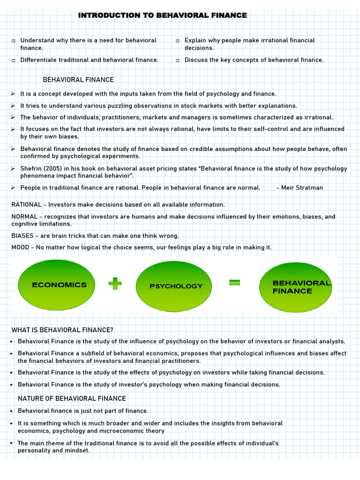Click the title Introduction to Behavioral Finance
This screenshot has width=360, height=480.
(162, 15)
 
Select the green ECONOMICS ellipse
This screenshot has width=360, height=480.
(56, 285)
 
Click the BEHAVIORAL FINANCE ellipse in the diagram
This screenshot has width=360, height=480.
(296, 287)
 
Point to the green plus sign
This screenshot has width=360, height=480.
(115, 284)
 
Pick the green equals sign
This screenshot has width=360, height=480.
(234, 282)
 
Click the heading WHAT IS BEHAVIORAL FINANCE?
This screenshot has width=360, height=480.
(62, 330)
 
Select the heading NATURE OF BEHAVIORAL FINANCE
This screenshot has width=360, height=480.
(72, 398)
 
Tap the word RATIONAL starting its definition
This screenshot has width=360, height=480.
(27, 205)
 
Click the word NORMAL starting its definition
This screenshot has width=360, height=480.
(25, 217)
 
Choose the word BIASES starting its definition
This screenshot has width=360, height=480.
(22, 236)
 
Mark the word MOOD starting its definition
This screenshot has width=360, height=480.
(21, 247)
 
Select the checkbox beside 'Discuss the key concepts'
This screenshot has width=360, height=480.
(178, 60)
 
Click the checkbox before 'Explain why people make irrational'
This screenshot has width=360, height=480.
(178, 41)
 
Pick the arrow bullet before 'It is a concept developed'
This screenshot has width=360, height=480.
(13, 94)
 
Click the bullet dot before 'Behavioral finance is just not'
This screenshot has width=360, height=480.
(11, 411)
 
